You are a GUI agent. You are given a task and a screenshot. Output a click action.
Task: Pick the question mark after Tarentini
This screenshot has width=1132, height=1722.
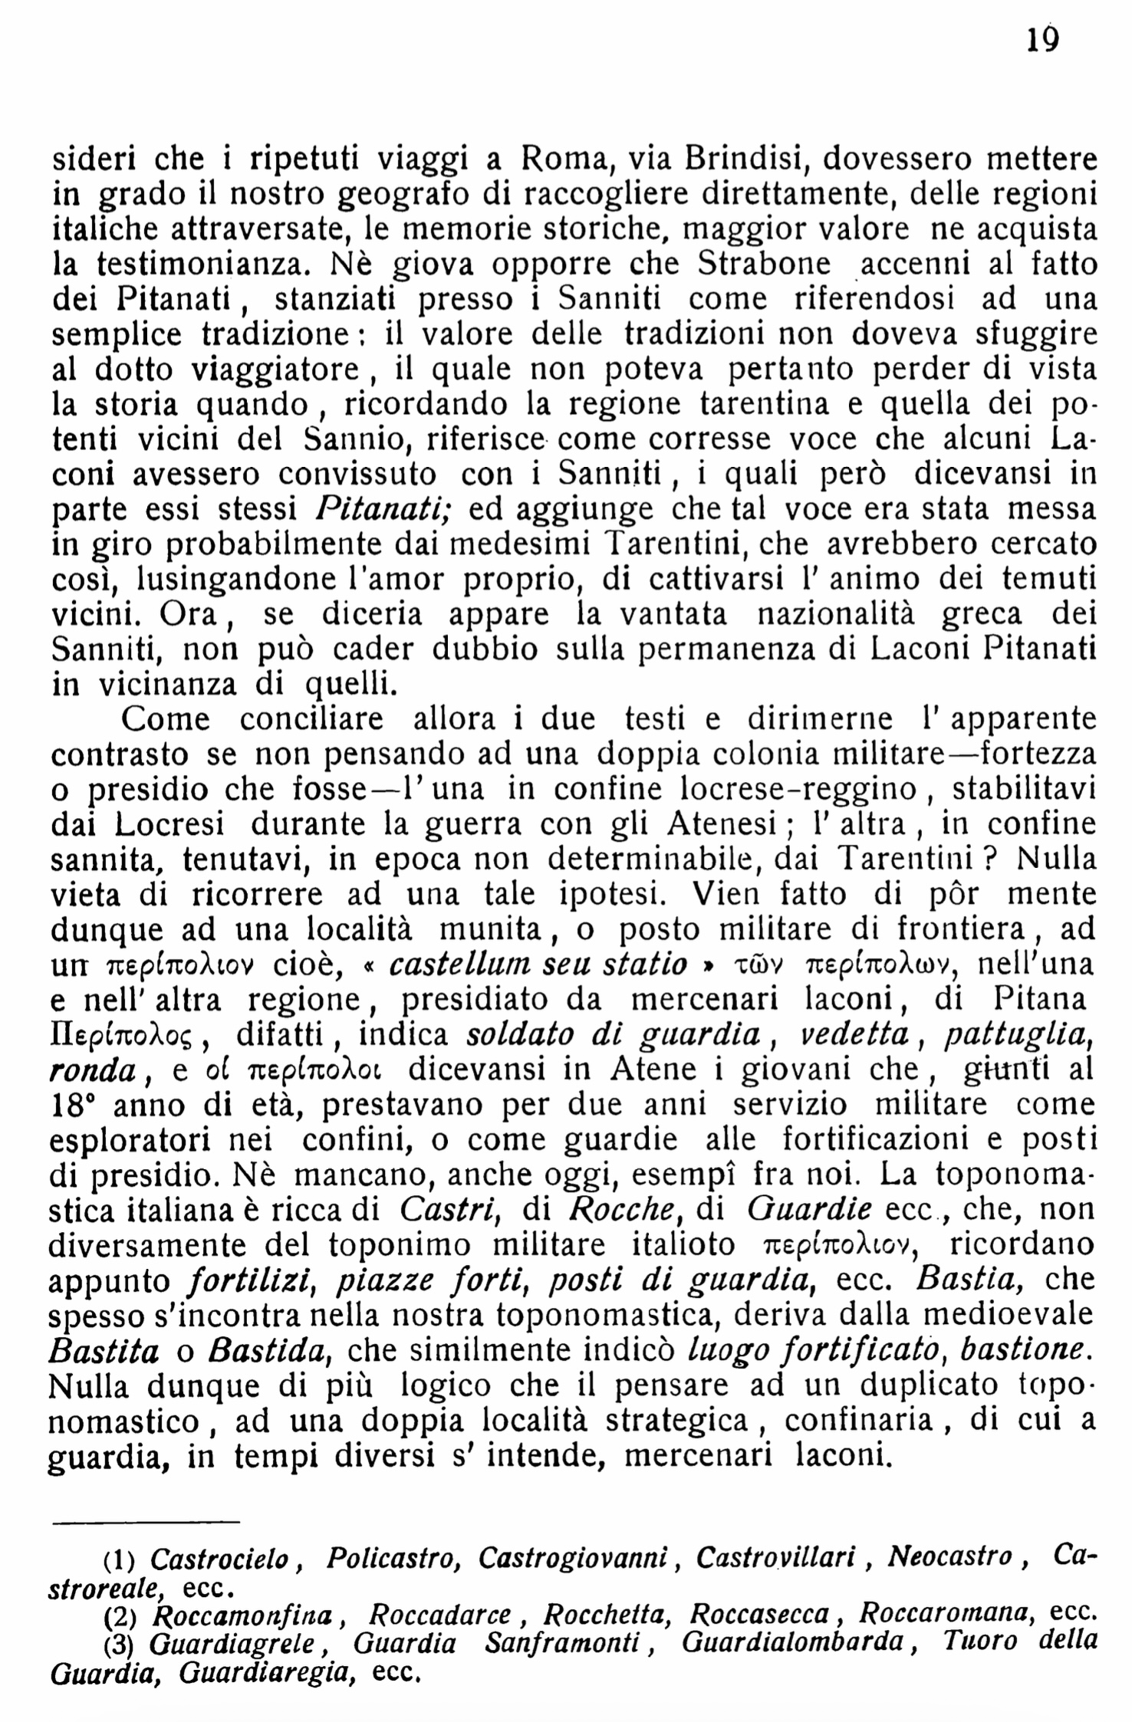[989, 860]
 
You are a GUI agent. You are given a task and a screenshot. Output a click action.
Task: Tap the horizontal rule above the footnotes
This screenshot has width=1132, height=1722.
[146, 1523]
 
